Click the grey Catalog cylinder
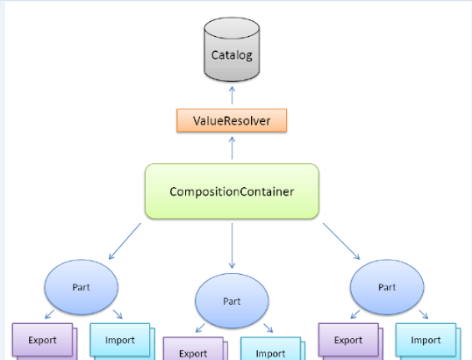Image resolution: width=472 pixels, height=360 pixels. pyautogui.click(x=232, y=49)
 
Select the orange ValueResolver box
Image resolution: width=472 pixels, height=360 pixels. pyautogui.click(x=232, y=120)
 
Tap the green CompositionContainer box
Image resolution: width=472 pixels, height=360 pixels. pyautogui.click(x=232, y=191)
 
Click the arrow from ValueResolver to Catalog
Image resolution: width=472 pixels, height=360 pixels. pyautogui.click(x=232, y=96)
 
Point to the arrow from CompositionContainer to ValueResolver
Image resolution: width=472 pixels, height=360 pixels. pyautogui.click(x=232, y=148)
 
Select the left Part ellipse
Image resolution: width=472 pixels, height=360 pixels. pyautogui.click(x=82, y=287)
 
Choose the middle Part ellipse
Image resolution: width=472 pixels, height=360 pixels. pyautogui.click(x=232, y=301)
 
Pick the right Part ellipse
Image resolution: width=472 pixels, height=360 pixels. pyautogui.click(x=387, y=287)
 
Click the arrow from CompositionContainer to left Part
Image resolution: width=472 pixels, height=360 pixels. pyautogui.click(x=125, y=241)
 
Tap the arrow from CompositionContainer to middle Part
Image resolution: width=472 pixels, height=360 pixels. pyautogui.click(x=232, y=246)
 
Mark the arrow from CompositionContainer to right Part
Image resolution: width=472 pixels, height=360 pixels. pyautogui.click(x=341, y=241)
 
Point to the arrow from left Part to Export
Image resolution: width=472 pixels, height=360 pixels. pyautogui.click(x=49, y=314)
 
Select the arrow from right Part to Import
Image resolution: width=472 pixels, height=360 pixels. pyautogui.click(x=424, y=314)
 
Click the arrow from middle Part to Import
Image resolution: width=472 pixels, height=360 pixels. pyautogui.click(x=268, y=328)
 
